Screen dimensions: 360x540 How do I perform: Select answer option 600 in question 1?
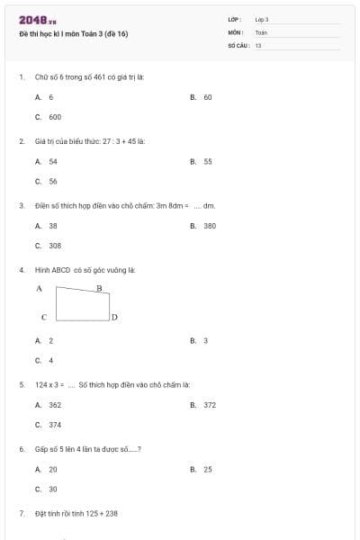click(x=55, y=116)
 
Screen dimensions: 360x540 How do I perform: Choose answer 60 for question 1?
click(x=207, y=96)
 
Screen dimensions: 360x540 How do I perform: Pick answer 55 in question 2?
click(x=207, y=162)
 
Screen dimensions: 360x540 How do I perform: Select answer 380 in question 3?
click(x=209, y=226)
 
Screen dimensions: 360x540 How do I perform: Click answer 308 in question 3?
click(x=55, y=245)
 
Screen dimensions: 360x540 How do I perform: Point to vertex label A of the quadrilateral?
click(x=39, y=289)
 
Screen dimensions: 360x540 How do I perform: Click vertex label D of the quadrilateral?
click(x=115, y=318)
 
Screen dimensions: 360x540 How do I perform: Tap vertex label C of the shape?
click(x=43, y=317)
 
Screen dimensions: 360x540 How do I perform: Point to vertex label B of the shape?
click(x=99, y=288)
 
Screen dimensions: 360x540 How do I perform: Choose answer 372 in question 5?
click(x=209, y=405)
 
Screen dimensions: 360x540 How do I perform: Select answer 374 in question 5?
click(x=55, y=425)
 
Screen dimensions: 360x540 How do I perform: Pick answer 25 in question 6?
click(x=207, y=469)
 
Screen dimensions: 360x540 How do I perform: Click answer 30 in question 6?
click(x=53, y=489)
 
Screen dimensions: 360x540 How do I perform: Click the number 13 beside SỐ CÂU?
click(x=258, y=45)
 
